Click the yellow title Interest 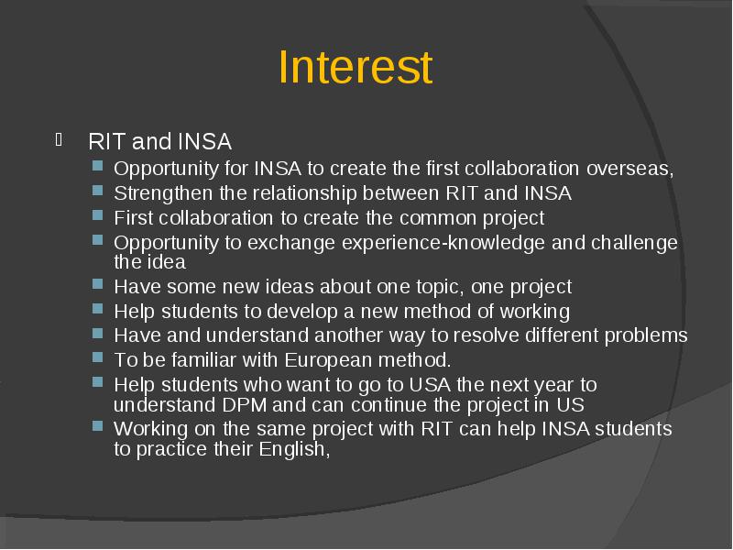point(356,67)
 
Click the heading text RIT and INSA point(159,141)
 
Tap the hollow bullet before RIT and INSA point(59,140)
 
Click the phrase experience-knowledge point(443,243)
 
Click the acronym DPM point(244,405)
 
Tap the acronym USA point(430,385)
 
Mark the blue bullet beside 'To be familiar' point(98,357)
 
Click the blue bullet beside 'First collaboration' point(98,215)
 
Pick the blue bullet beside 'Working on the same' point(98,426)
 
